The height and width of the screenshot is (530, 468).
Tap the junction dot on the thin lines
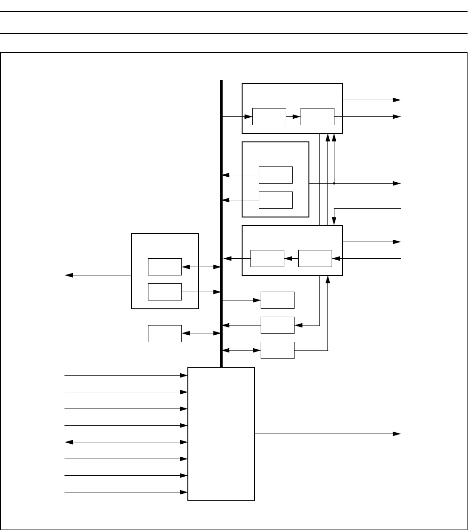pyautogui.click(x=334, y=183)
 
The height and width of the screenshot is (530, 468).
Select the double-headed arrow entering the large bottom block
pyautogui.click(x=125, y=442)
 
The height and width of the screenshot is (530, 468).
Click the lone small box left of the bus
pyautogui.click(x=165, y=333)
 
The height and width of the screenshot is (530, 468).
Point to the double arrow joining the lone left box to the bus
pyautogui.click(x=200, y=333)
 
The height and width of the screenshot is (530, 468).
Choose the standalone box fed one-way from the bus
pyautogui.click(x=277, y=300)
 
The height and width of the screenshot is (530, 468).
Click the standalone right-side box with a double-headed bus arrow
pyautogui.click(x=277, y=350)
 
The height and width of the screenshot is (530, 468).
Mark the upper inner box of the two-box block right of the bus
pyautogui.click(x=276, y=175)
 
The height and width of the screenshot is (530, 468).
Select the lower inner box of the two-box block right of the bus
pyautogui.click(x=276, y=200)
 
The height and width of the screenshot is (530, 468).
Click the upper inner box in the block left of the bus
pyautogui.click(x=165, y=267)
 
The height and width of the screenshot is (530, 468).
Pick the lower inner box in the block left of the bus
pyautogui.click(x=165, y=292)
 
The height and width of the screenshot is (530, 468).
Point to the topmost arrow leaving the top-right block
pyautogui.click(x=371, y=100)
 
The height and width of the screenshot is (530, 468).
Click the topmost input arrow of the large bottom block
pyautogui.click(x=125, y=375)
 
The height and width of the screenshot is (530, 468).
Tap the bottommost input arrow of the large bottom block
pyautogui.click(x=125, y=492)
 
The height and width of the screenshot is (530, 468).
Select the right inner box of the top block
pyautogui.click(x=317, y=116)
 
